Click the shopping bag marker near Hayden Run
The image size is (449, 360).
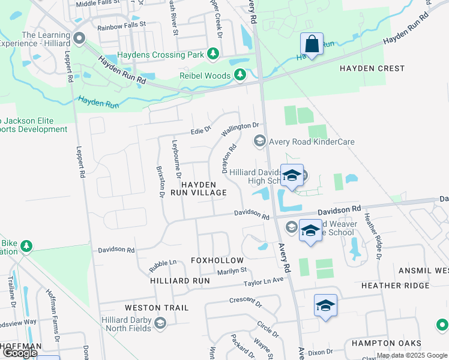[x=312, y=44]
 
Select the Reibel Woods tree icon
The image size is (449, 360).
[x=240, y=75]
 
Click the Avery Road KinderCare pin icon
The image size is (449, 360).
[x=260, y=142]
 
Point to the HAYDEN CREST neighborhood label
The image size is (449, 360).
[x=372, y=68]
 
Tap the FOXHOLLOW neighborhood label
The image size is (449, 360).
[x=217, y=260]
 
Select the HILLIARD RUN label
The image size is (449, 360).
[x=180, y=280]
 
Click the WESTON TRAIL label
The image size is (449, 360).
[x=157, y=308]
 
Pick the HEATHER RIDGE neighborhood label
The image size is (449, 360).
[x=396, y=286]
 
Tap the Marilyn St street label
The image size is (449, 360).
[x=232, y=271]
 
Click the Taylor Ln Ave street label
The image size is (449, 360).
[x=263, y=281]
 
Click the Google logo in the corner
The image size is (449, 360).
[x=20, y=353]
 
